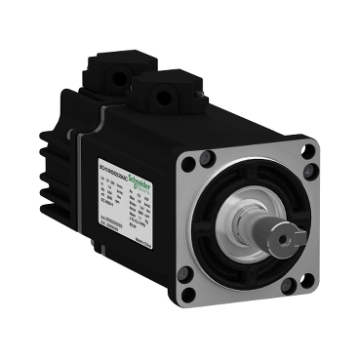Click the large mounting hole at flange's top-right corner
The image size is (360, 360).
(311, 150)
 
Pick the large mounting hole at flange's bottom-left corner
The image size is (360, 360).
(216, 284)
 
